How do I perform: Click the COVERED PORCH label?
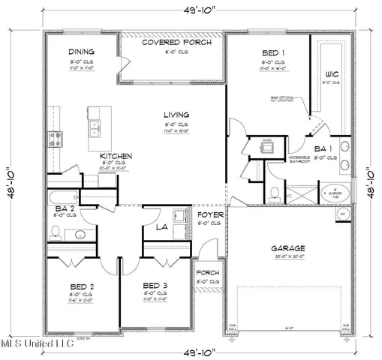point(177,43)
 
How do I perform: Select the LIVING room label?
point(177,115)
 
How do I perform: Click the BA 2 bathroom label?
point(64,208)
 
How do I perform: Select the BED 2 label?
point(81,286)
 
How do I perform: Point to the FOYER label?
point(211,215)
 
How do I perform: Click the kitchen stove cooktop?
point(56,137)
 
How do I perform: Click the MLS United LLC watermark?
point(38,343)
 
